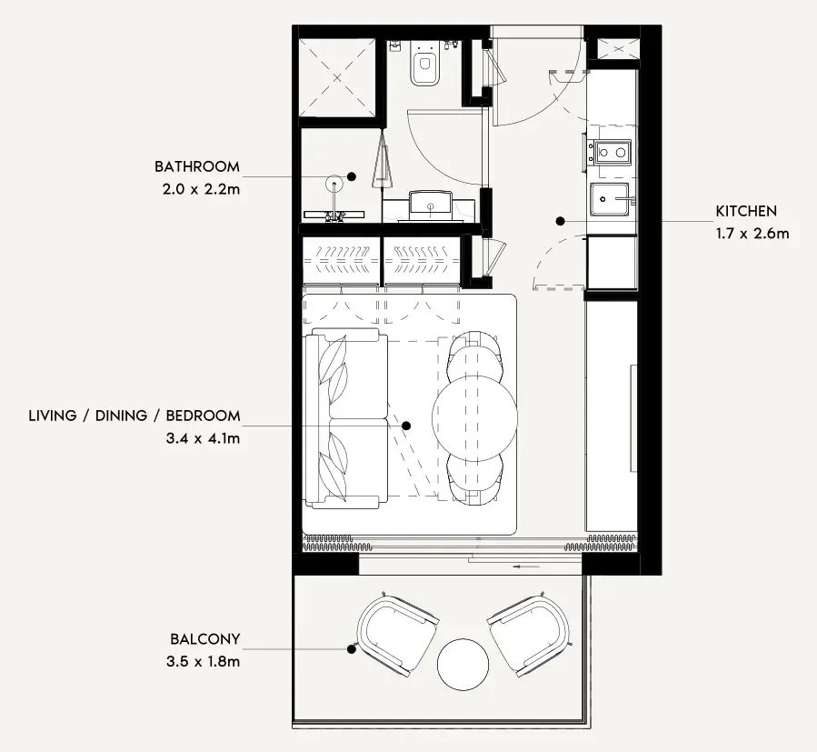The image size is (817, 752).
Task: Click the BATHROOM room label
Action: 197,167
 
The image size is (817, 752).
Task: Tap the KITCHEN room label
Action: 746,211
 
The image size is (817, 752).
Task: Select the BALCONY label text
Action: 204,639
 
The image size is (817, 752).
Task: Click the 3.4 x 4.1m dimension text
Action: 204,438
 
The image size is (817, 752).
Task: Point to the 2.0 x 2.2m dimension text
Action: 201,189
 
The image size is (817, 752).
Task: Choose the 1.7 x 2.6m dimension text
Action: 752,234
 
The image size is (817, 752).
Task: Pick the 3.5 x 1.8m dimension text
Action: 204,662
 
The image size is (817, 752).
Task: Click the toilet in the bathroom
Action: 424,63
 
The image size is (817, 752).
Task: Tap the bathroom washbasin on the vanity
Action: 431,206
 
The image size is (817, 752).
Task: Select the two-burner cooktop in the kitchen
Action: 613,153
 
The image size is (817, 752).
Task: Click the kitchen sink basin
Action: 610,199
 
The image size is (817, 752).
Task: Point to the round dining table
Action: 474,417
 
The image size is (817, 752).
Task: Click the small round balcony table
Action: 463,665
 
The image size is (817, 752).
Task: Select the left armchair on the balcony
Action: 396,636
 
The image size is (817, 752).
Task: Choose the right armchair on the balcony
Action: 530,636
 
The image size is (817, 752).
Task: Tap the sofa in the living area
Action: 347,418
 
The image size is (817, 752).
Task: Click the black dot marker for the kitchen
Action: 560,221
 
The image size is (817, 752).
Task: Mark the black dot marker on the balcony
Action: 352,649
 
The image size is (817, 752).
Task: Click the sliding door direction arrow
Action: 526,567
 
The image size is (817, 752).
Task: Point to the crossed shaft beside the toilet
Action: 337,77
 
